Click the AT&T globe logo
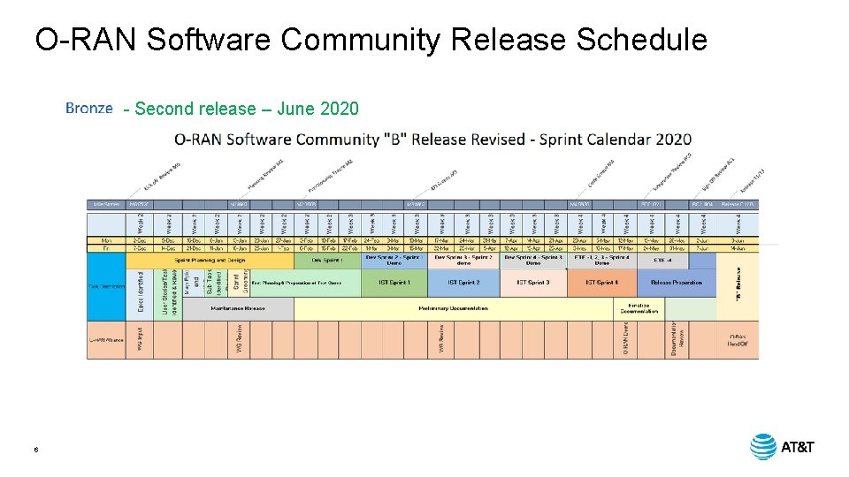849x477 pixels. [x=763, y=447]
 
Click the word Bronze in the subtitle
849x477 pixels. [x=89, y=109]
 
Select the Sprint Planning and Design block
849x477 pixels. [x=211, y=261]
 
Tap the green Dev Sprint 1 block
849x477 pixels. [x=327, y=261]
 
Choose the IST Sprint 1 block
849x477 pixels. [x=394, y=283]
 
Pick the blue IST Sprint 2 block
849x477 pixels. [x=463, y=283]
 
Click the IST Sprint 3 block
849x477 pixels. [x=532, y=283]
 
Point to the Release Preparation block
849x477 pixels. [x=677, y=283]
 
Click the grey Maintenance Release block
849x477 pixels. [x=237, y=308]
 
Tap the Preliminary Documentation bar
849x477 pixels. [x=453, y=308]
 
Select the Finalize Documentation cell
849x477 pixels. [x=639, y=308]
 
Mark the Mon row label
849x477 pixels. [x=105, y=240]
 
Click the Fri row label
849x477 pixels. [x=105, y=248]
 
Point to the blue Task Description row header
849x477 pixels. [x=105, y=285]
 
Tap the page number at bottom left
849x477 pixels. [x=36, y=450]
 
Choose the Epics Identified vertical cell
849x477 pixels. [x=141, y=292]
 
